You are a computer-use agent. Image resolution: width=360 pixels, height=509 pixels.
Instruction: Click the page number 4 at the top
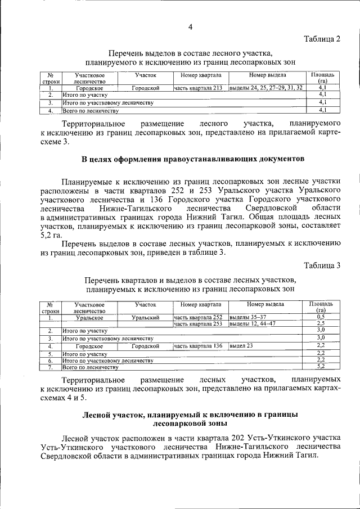click(x=190, y=26)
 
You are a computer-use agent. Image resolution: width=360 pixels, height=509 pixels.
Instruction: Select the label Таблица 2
click(x=322, y=39)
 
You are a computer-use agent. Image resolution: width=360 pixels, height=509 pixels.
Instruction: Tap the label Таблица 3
click(x=322, y=265)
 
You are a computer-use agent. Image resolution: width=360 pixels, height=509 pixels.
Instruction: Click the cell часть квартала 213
click(x=200, y=88)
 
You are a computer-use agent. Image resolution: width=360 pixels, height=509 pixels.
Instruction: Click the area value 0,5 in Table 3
click(x=322, y=317)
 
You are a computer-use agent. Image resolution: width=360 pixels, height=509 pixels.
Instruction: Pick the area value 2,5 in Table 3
click(x=322, y=324)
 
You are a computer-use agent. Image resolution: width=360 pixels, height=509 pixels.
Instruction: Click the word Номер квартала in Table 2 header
click(x=200, y=75)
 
